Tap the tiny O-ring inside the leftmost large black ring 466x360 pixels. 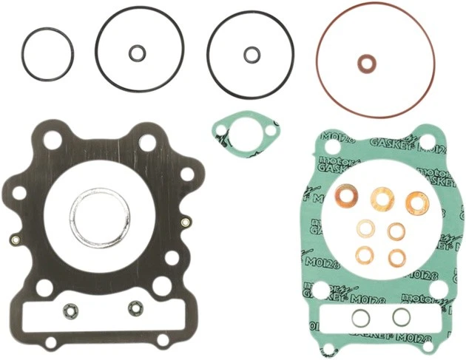point(136,52)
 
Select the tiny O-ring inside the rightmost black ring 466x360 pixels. point(251,53)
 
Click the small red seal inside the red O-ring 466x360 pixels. point(365,64)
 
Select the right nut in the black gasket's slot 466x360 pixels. point(135,307)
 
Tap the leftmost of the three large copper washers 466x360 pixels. point(345,196)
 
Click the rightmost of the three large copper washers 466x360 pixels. point(418,199)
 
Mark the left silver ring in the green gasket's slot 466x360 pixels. point(359,318)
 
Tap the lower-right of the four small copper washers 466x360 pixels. point(396,257)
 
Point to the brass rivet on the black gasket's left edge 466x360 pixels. point(15,240)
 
